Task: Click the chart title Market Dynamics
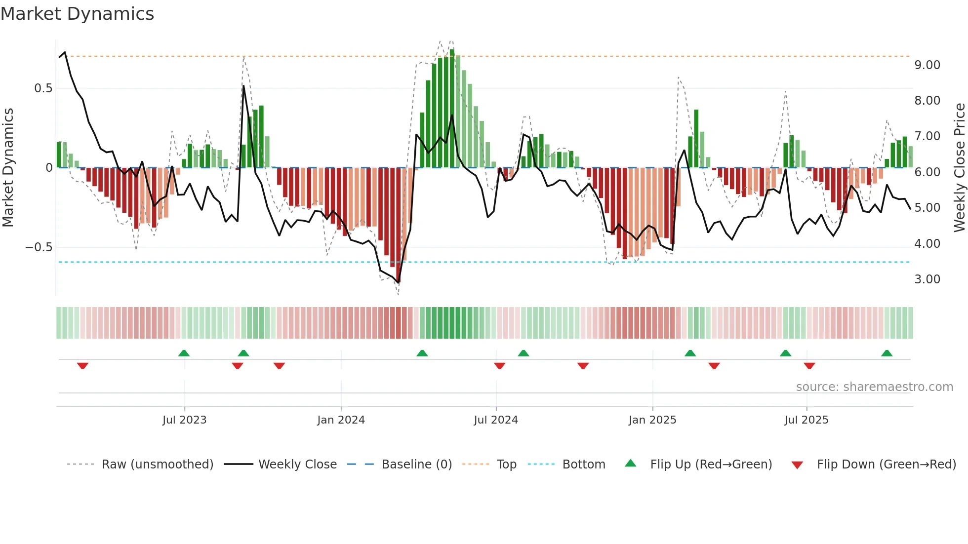point(77,14)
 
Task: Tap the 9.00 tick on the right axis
point(927,65)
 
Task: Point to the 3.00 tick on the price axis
point(927,279)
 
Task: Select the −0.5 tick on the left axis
point(39,247)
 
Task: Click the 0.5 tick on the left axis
point(43,88)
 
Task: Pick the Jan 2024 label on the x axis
point(341,420)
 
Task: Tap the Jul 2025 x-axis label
point(806,420)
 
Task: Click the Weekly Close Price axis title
point(959,167)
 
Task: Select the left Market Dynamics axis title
point(8,167)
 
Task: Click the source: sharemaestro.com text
point(874,387)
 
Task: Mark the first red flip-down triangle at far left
point(82,366)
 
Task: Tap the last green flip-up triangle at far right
point(887,353)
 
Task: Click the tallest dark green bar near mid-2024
point(452,109)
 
